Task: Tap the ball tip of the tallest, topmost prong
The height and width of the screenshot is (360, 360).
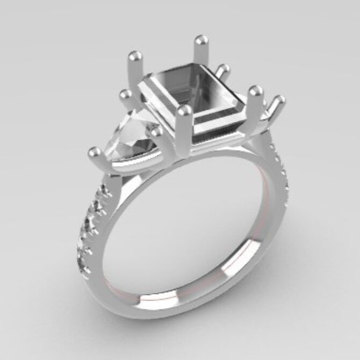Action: pos(201,40)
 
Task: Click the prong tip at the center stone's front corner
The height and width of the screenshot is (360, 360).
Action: pos(185,111)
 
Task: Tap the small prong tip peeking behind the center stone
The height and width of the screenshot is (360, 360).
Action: pos(223,69)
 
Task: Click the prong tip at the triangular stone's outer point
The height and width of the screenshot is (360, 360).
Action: pos(94,152)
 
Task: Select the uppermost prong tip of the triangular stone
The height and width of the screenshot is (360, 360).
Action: pos(125,95)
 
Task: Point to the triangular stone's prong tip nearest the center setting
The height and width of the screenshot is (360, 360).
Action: pos(156,131)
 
